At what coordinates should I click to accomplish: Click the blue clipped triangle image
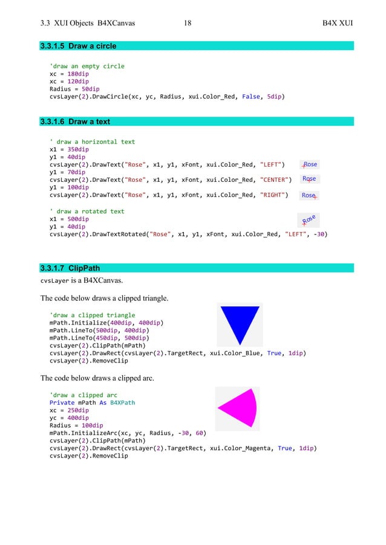click(x=240, y=325)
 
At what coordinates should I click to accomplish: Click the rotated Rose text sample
click(x=309, y=221)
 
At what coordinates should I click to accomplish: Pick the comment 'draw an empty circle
click(x=87, y=66)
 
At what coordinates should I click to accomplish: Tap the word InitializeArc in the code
click(x=94, y=433)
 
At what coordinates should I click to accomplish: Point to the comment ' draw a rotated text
click(x=87, y=211)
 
